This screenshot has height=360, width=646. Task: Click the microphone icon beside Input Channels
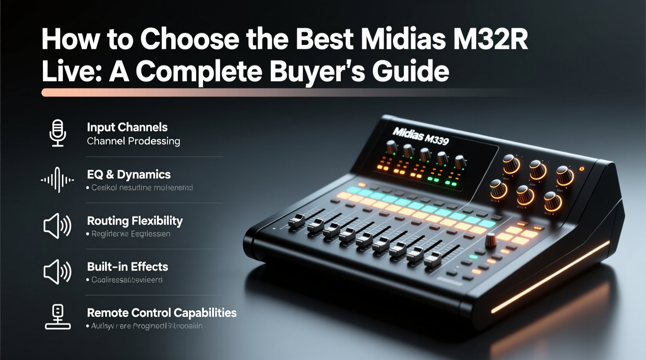(x=58, y=133)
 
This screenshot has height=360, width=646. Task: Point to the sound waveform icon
(x=57, y=180)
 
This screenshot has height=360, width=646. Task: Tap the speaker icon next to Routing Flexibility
(x=57, y=225)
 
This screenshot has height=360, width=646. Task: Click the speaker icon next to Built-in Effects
(x=57, y=272)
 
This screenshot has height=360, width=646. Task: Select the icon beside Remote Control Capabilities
(x=58, y=317)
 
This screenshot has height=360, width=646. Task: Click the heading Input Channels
(x=127, y=127)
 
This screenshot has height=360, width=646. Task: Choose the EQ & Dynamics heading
(x=129, y=175)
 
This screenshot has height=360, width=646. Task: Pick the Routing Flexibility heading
(x=135, y=221)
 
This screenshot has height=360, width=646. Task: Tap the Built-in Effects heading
(x=127, y=267)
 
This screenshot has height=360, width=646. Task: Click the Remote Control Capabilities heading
(x=161, y=313)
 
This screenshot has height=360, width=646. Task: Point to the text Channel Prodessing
(x=134, y=141)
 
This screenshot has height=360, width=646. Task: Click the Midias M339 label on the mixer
(x=420, y=136)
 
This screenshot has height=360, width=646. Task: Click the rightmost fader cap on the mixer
(x=433, y=259)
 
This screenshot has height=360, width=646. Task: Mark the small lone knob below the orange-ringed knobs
(x=491, y=240)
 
